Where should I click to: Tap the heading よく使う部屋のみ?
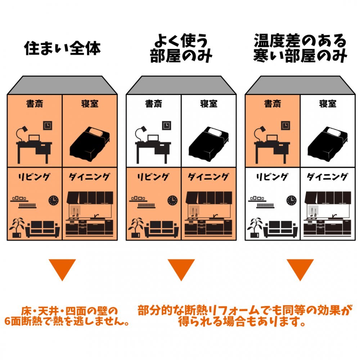click(181, 48)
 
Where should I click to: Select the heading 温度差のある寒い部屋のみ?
click(300, 48)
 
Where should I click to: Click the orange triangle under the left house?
click(62, 268)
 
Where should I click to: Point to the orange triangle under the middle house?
click(181, 268)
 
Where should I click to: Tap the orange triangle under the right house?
click(300, 268)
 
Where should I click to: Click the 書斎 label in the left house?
click(35, 104)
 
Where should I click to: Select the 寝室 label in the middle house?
click(209, 104)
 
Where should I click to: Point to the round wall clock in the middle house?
click(172, 200)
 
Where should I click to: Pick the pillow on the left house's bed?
click(98, 131)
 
